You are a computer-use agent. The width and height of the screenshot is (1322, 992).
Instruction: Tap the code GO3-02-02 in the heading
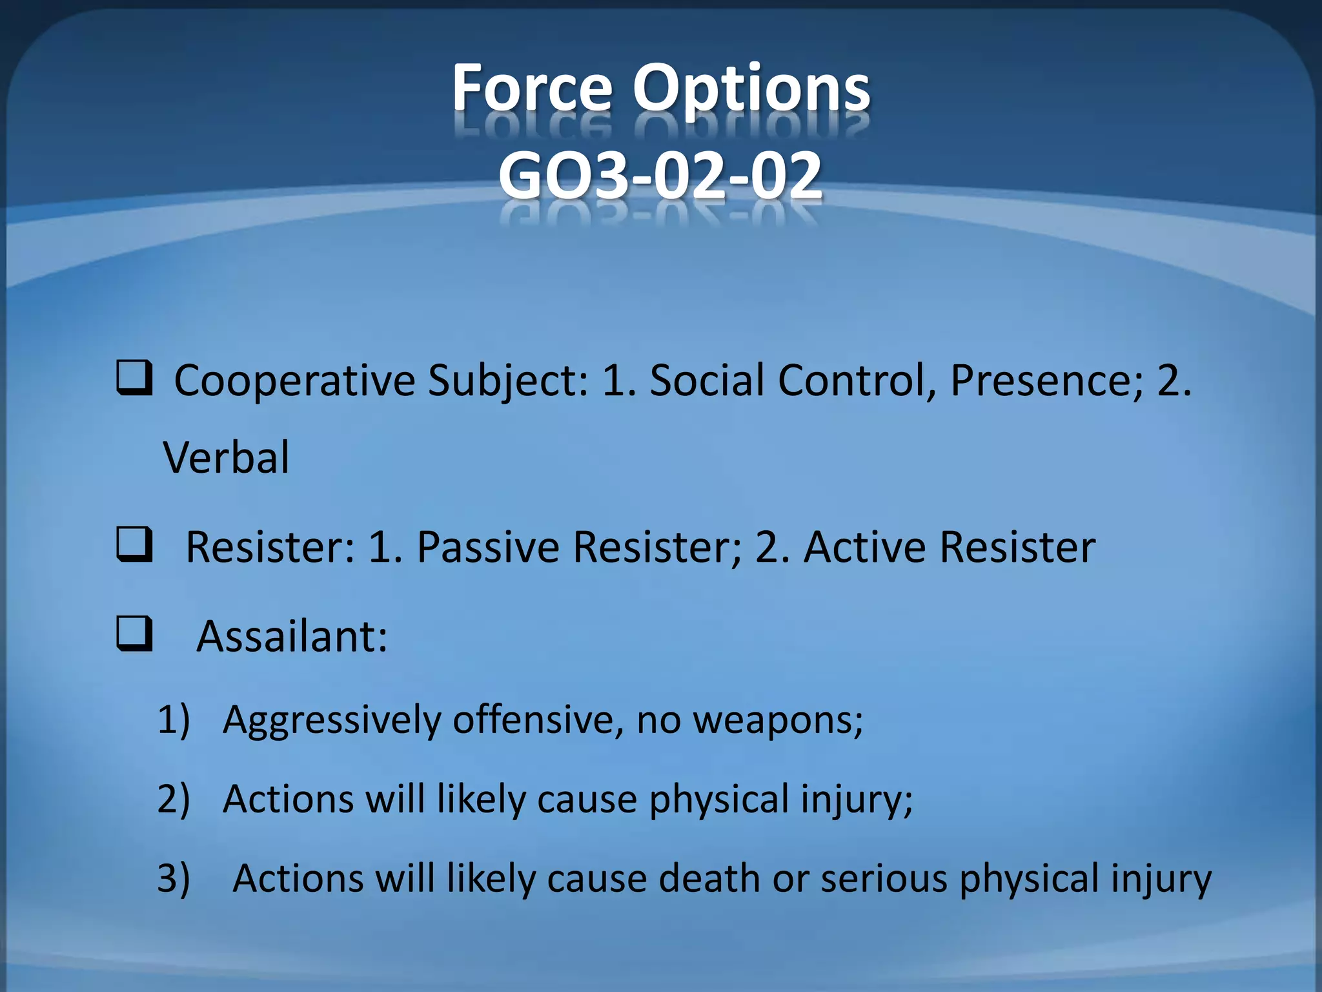click(x=660, y=175)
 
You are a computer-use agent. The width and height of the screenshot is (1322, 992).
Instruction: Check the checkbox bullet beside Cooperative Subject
click(x=134, y=378)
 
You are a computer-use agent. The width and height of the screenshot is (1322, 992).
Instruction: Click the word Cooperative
click(x=294, y=381)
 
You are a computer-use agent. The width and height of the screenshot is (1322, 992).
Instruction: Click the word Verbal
click(x=226, y=457)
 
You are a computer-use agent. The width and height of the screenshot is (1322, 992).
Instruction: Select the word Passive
click(x=488, y=547)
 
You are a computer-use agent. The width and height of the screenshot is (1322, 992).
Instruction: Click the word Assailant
click(x=291, y=636)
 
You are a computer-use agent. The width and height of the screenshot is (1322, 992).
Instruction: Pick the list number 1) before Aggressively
click(x=173, y=719)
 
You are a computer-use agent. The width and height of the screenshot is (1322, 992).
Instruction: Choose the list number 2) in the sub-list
click(x=173, y=798)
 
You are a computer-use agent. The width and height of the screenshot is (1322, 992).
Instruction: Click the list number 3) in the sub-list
click(x=173, y=878)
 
